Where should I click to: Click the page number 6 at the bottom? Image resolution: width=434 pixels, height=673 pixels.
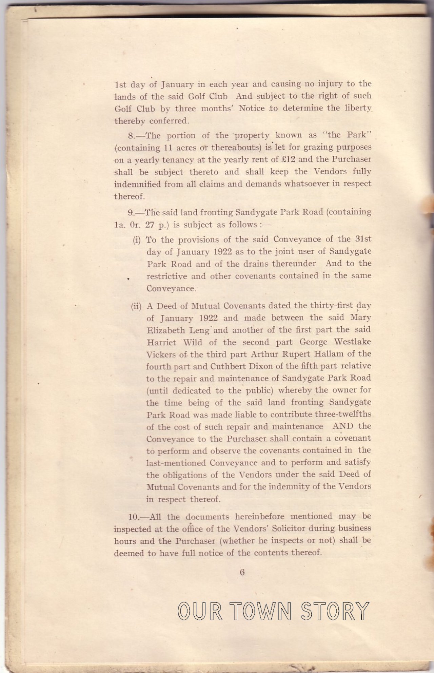tap(242, 572)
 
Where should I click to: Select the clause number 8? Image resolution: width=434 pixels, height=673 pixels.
tap(132, 136)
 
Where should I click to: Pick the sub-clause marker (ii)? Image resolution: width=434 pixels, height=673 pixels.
tap(136, 306)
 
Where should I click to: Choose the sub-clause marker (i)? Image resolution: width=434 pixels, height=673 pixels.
tap(136, 240)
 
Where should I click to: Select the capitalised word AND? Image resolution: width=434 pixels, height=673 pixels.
tap(343, 426)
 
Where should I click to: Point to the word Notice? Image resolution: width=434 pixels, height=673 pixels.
tap(251, 109)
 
